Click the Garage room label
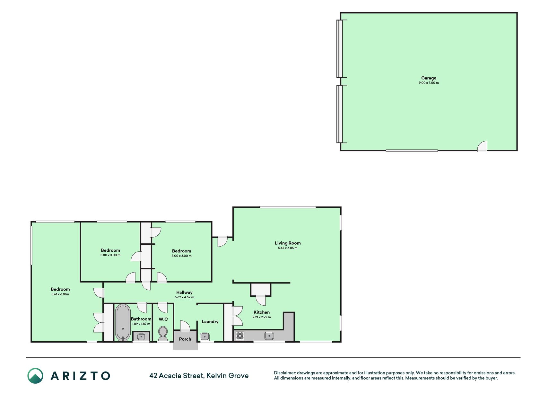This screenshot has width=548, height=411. pos(429,78)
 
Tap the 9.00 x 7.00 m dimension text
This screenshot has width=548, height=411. pos(429,83)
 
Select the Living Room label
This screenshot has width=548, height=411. pos(288,243)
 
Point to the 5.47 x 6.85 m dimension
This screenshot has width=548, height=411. pos(288,248)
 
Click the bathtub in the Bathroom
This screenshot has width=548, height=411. pos(123,322)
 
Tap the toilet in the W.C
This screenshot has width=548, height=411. pos(163,334)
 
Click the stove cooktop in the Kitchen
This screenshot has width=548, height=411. pos(240,336)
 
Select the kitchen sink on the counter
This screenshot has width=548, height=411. pos(269,336)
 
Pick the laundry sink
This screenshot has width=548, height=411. pos(205,337)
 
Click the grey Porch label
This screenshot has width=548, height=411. pos(185,339)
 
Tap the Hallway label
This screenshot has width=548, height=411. pos(184,293)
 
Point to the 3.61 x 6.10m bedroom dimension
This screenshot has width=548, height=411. pos(60,294)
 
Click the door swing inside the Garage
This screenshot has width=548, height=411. pos(482,146)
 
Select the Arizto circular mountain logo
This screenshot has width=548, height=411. pos(35,376)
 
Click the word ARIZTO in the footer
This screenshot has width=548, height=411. pos(80,376)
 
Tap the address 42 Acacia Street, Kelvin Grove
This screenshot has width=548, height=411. pos(199,376)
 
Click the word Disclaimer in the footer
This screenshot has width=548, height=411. pos(284,373)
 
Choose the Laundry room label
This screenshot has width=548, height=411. pos(210,321)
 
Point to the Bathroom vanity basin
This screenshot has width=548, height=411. pos(141,337)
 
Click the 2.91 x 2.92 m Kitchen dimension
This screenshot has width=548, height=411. pos(262,317)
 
